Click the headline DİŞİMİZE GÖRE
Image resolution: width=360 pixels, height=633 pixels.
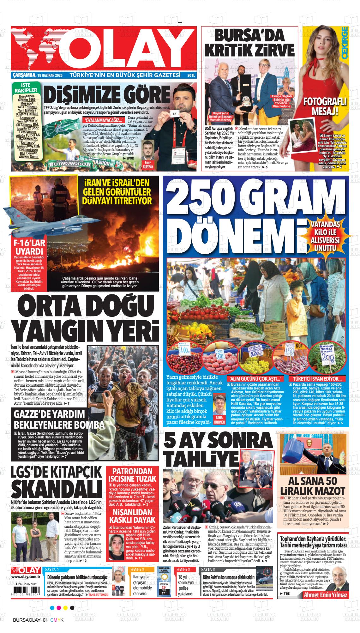click(x=107, y=94)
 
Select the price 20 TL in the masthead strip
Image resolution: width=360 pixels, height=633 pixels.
click(x=191, y=75)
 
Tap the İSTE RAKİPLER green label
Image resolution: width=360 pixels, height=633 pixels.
click(x=26, y=88)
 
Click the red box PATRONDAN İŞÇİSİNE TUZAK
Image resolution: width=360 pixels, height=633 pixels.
click(x=132, y=474)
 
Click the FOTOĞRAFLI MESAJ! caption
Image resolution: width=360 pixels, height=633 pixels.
click(x=325, y=106)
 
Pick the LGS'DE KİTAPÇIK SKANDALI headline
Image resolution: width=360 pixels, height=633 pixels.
click(x=57, y=483)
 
